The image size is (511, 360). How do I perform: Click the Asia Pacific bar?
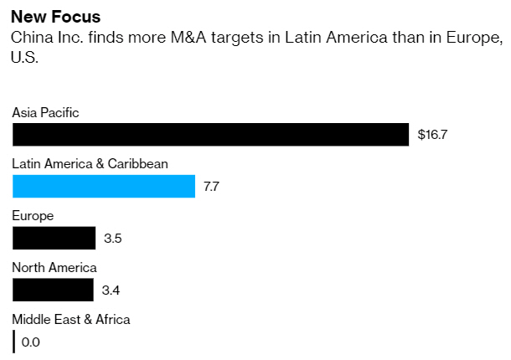pyautogui.click(x=210, y=134)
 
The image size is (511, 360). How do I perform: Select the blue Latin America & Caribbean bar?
pyautogui.click(x=104, y=186)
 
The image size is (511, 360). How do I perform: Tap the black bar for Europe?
pyautogui.click(x=54, y=238)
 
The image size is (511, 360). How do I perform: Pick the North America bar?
pyautogui.click(x=53, y=290)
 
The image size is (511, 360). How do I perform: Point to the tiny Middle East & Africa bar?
pyautogui.click(x=14, y=342)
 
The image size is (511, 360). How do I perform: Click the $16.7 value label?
pyautogui.click(x=433, y=135)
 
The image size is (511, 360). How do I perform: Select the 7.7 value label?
pyautogui.click(x=211, y=187)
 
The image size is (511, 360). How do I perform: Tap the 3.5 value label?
pyautogui.click(x=113, y=239)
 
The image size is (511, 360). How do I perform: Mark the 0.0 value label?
pyautogui.click(x=31, y=342)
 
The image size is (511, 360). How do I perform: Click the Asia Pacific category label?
pyautogui.click(x=45, y=112)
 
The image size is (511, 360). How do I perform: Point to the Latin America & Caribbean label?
pyautogui.click(x=90, y=164)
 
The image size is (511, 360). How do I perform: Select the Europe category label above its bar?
pyautogui.click(x=33, y=216)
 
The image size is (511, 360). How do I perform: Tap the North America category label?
pyautogui.click(x=54, y=268)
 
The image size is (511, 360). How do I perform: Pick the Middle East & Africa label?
pyautogui.click(x=71, y=319)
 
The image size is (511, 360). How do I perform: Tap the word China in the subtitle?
pyautogui.click(x=30, y=39)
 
